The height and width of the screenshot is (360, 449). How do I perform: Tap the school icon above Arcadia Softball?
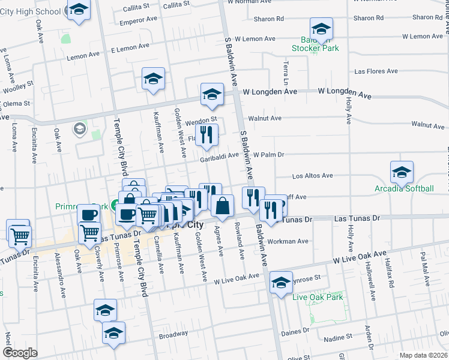pyautogui.click(x=402, y=173)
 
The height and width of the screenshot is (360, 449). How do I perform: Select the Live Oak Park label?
pyautogui.click(x=318, y=297)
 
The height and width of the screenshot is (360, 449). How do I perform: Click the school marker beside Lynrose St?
pyautogui.click(x=281, y=283)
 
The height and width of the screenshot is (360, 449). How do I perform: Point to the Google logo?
pyautogui.click(x=20, y=353)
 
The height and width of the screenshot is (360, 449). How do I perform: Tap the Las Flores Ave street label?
pyautogui.click(x=376, y=71)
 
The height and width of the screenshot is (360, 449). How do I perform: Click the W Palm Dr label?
pyautogui.click(x=268, y=155)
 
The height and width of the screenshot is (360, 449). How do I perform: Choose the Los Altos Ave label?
pyautogui.click(x=312, y=176)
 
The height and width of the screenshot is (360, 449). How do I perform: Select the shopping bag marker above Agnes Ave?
pyautogui.click(x=222, y=206)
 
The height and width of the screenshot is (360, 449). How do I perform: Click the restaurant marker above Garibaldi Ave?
pyautogui.click(x=207, y=136)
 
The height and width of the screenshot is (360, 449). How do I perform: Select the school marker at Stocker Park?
pyautogui.click(x=321, y=29)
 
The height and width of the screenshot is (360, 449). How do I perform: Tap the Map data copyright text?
pyautogui.click(x=424, y=355)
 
